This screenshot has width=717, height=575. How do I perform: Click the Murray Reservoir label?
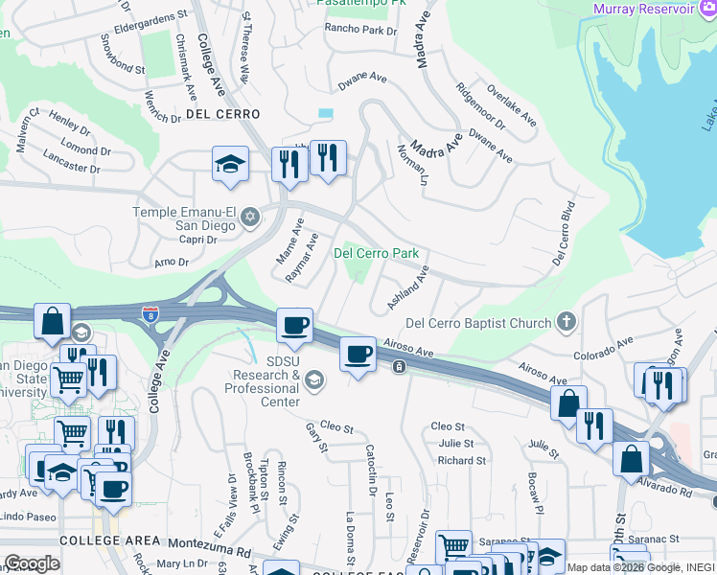tap(643, 9)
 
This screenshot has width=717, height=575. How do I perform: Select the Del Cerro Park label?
tap(376, 254)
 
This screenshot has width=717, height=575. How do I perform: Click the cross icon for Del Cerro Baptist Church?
tap(567, 323)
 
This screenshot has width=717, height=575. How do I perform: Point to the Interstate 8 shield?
tap(150, 313)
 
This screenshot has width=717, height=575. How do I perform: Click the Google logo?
tap(32, 563)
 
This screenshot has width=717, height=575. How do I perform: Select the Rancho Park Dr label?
tap(360, 30)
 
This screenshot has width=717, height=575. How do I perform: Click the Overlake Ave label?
tap(511, 109)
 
